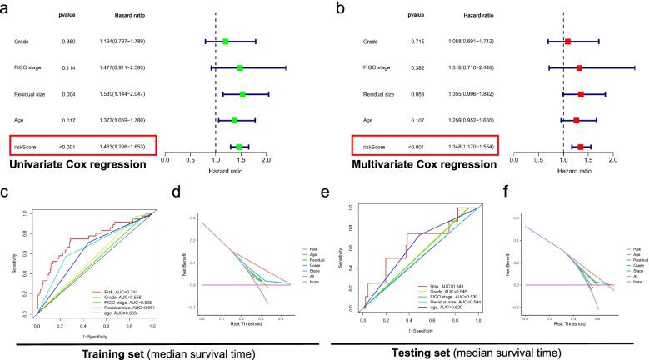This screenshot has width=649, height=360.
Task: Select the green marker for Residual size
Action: pyautogui.click(x=242, y=94)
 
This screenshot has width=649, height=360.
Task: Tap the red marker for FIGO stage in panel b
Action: pyautogui.click(x=579, y=67)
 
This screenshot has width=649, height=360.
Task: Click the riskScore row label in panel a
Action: pyautogui.click(x=25, y=147)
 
